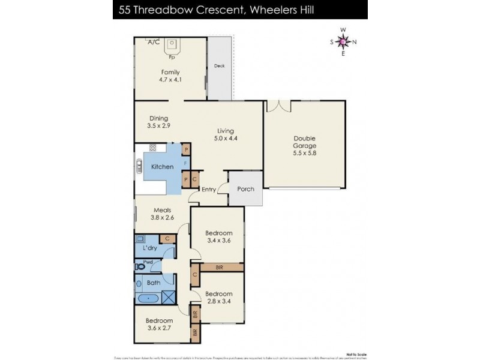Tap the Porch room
point(246,189)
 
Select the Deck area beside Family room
point(219,66)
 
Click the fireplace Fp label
point(172,58)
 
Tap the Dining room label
point(158,118)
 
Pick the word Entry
point(209,190)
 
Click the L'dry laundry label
point(149,248)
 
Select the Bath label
point(153,282)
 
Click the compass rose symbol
point(343,41)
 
